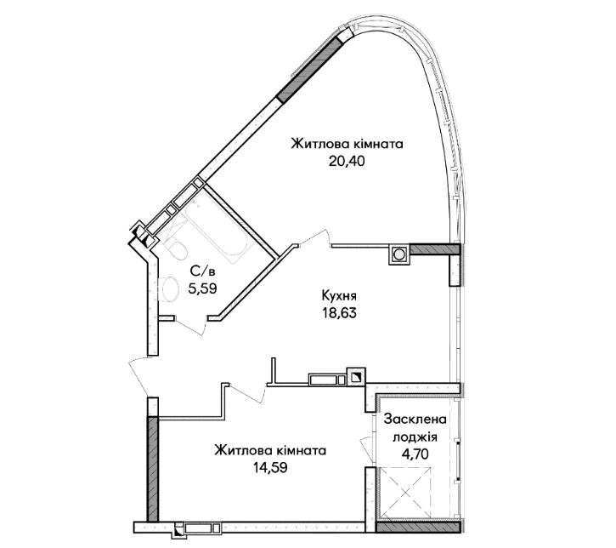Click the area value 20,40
(347, 161)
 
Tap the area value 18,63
(339, 313)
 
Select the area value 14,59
(270, 468)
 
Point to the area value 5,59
(203, 288)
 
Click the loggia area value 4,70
(415, 454)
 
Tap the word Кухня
(339, 295)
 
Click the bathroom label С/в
(203, 271)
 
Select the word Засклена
(415, 420)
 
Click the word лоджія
(415, 437)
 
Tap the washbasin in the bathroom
(168, 288)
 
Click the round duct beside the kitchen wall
(398, 254)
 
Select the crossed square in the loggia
(406, 493)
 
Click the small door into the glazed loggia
(368, 448)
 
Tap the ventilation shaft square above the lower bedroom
(356, 377)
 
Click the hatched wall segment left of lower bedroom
(153, 469)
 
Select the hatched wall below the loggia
(418, 527)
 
